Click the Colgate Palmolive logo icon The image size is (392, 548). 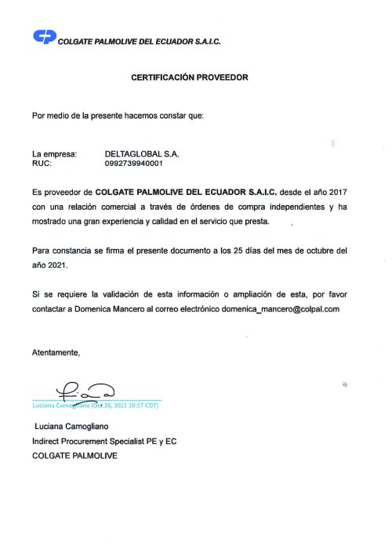coord(44,37)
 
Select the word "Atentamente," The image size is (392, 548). coord(56,353)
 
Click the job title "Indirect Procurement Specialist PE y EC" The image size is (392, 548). coord(104,442)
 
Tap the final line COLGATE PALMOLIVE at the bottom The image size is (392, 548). coord(74,456)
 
